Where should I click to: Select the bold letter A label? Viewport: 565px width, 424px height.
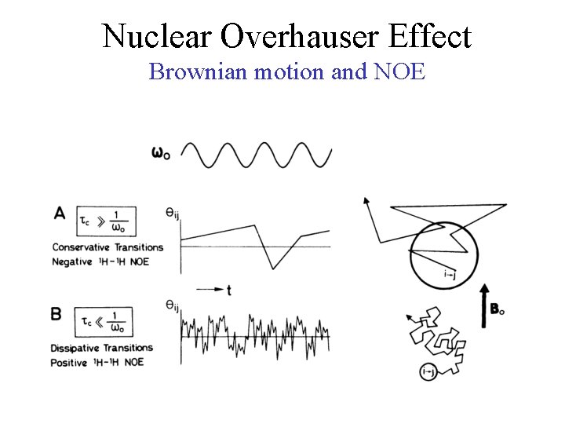pos(60,212)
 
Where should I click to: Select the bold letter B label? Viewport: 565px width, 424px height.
pos(56,314)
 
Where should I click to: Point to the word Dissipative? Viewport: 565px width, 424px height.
pos(77,348)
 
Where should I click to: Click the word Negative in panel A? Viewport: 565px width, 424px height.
pos(72,261)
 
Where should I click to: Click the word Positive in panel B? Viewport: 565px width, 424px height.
pos(71,362)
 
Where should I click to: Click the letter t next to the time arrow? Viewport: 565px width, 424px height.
pos(228,291)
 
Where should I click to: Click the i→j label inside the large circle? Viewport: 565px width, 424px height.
pos(450,274)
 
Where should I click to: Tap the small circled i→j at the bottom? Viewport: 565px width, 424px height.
pos(428,371)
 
